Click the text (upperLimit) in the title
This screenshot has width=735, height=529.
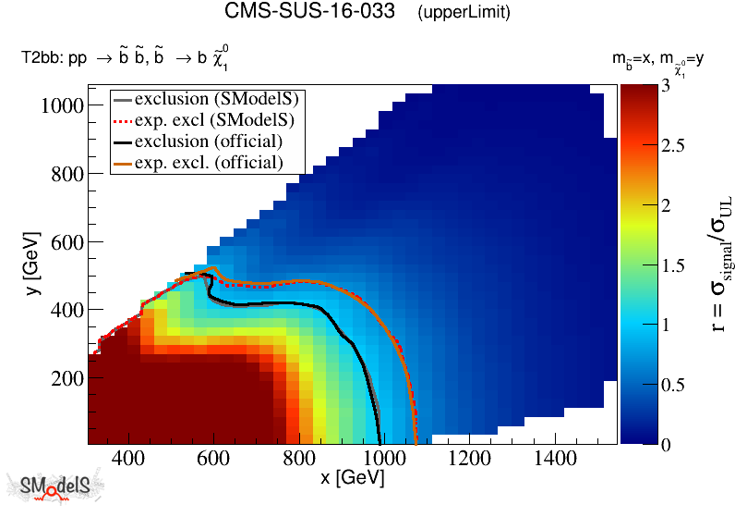464,13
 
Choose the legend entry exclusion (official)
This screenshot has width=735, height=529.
208,141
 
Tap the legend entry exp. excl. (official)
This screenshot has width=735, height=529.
208,162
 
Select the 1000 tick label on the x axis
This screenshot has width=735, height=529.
380,460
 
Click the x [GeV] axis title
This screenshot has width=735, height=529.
352,479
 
